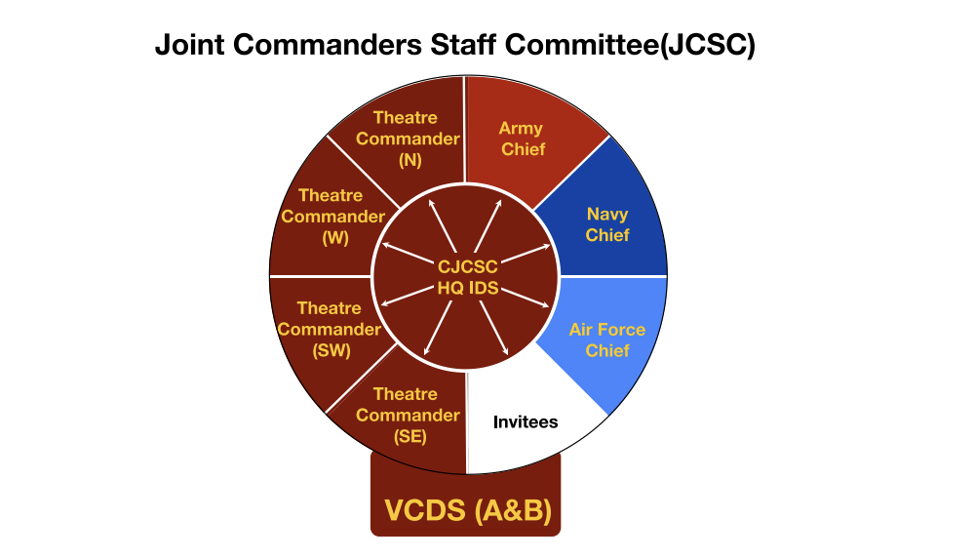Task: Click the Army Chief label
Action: coord(521,139)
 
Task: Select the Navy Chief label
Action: coord(607,224)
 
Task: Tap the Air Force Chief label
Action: coord(607,340)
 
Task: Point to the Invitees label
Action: coord(526,422)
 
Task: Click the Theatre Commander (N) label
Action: coord(408,139)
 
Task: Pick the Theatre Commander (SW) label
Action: coord(329,329)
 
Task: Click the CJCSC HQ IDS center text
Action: coord(466,276)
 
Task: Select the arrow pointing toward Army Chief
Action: coord(492,220)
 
